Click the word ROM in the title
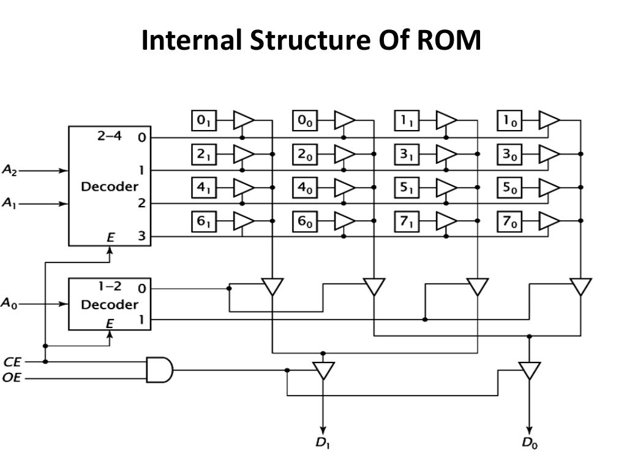449,42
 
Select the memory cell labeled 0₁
201,121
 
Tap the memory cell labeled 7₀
508,222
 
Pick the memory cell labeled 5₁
405,188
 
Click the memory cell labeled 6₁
201,222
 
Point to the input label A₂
10,171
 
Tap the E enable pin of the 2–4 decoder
110,237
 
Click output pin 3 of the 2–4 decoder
142,237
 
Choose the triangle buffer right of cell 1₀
549,121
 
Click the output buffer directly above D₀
530,370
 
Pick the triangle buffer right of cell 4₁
244,188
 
